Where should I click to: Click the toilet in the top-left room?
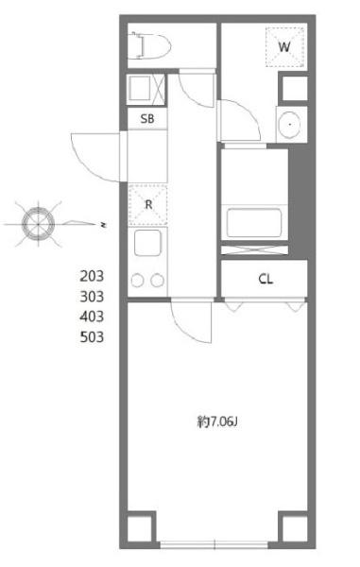[151, 45]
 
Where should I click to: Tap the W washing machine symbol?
[284, 47]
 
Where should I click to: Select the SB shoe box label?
[147, 118]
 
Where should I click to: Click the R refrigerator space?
[148, 205]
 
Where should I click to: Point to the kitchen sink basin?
[147, 243]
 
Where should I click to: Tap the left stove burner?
[138, 281]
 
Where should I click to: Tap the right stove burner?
[157, 281]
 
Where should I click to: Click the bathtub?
[254, 222]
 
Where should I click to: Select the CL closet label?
[266, 279]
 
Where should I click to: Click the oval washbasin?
[290, 125]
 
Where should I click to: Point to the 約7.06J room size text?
[217, 421]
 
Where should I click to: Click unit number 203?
[92, 276]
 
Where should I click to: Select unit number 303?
[92, 296]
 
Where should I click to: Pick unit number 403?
[92, 317]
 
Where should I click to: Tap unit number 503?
[92, 337]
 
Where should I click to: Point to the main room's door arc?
[183, 332]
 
